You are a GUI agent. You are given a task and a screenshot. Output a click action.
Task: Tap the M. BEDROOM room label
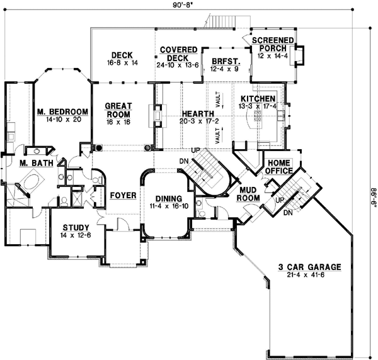pyautogui.click(x=61, y=112)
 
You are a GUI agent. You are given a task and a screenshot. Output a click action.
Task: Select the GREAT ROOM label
pyautogui.click(x=118, y=111)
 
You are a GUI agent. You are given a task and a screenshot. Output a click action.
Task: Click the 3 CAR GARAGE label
pyautogui.click(x=309, y=267)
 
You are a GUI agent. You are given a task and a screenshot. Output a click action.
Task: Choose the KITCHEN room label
pyautogui.click(x=258, y=99)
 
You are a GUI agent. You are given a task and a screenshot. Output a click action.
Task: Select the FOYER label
pyautogui.click(x=123, y=196)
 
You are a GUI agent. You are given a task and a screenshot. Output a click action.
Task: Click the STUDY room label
pyautogui.click(x=76, y=227)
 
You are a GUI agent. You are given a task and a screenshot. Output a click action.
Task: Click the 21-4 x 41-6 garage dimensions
pyautogui.click(x=310, y=276)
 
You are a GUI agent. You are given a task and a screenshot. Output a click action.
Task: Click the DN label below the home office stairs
pyautogui.click(x=287, y=213)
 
